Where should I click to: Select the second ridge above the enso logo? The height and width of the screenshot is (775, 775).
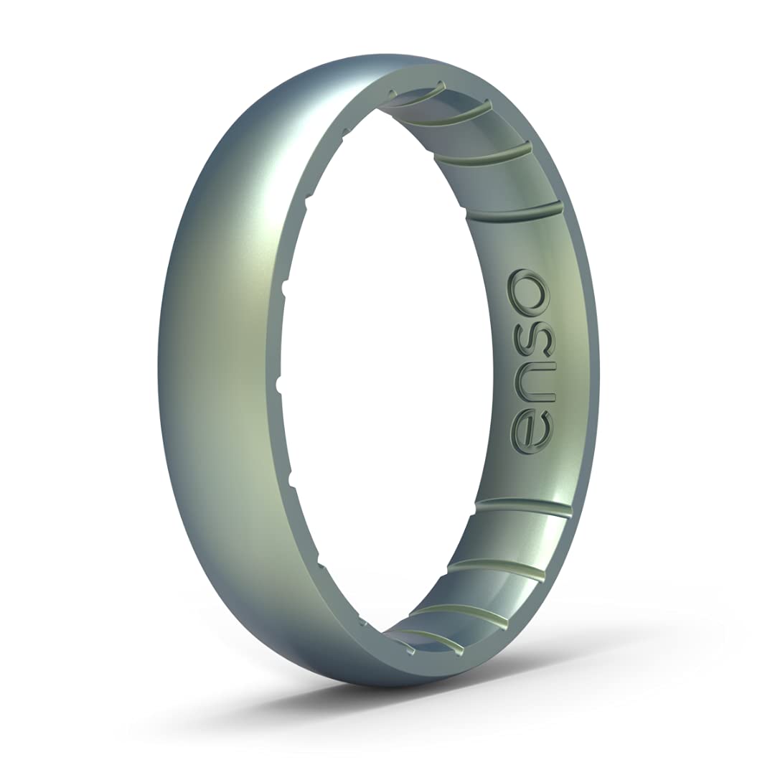pyautogui.click(x=482, y=151)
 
